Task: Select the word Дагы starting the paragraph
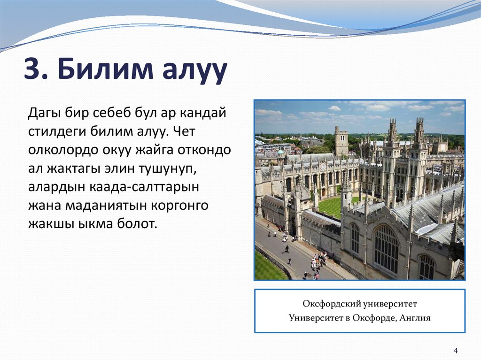[x=45, y=113]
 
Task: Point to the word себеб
[x=107, y=113]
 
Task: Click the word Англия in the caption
[x=416, y=318]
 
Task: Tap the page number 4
[x=455, y=350]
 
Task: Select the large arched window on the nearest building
[x=386, y=249]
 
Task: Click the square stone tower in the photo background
[x=341, y=140]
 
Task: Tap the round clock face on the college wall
[x=323, y=166]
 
